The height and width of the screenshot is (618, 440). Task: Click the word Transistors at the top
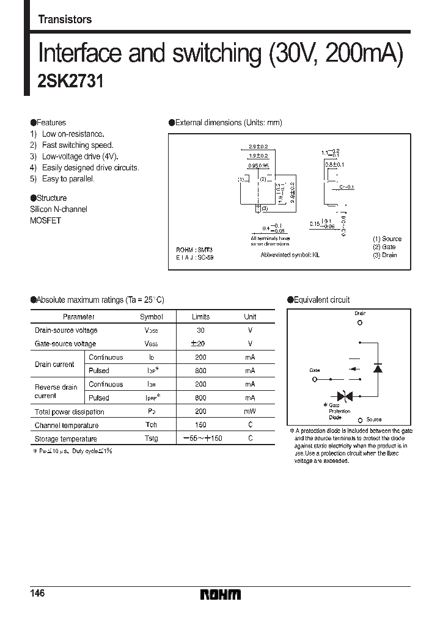tap(65, 20)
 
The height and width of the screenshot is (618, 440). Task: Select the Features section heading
tap(48, 123)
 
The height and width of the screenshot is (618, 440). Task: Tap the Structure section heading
tap(49, 198)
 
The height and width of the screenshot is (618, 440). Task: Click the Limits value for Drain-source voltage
tap(200, 330)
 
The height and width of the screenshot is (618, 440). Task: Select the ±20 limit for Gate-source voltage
tap(200, 344)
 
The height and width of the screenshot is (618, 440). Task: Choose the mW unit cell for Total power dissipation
tap(250, 412)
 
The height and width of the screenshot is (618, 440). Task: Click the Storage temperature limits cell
tap(200, 438)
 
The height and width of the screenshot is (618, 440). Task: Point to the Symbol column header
tap(152, 317)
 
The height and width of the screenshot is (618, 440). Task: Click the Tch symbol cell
tap(152, 425)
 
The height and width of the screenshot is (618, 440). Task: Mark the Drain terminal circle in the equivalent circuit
tap(360, 322)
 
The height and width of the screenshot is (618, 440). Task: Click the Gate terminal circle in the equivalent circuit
tap(315, 379)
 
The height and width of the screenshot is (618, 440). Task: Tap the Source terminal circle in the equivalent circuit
tap(361, 420)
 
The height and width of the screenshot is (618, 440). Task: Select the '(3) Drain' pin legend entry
tap(384, 255)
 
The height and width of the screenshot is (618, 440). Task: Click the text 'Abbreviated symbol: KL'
tap(290, 254)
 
